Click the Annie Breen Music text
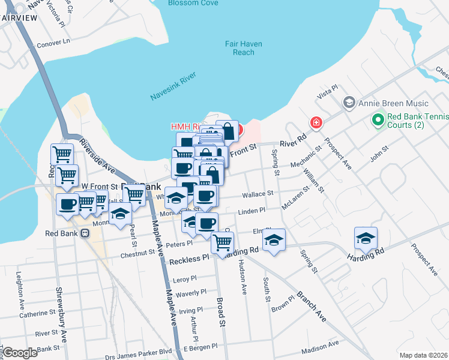point(394,103)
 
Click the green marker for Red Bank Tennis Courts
point(378,120)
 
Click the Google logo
point(20,353)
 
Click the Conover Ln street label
point(53,43)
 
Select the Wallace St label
point(258,194)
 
